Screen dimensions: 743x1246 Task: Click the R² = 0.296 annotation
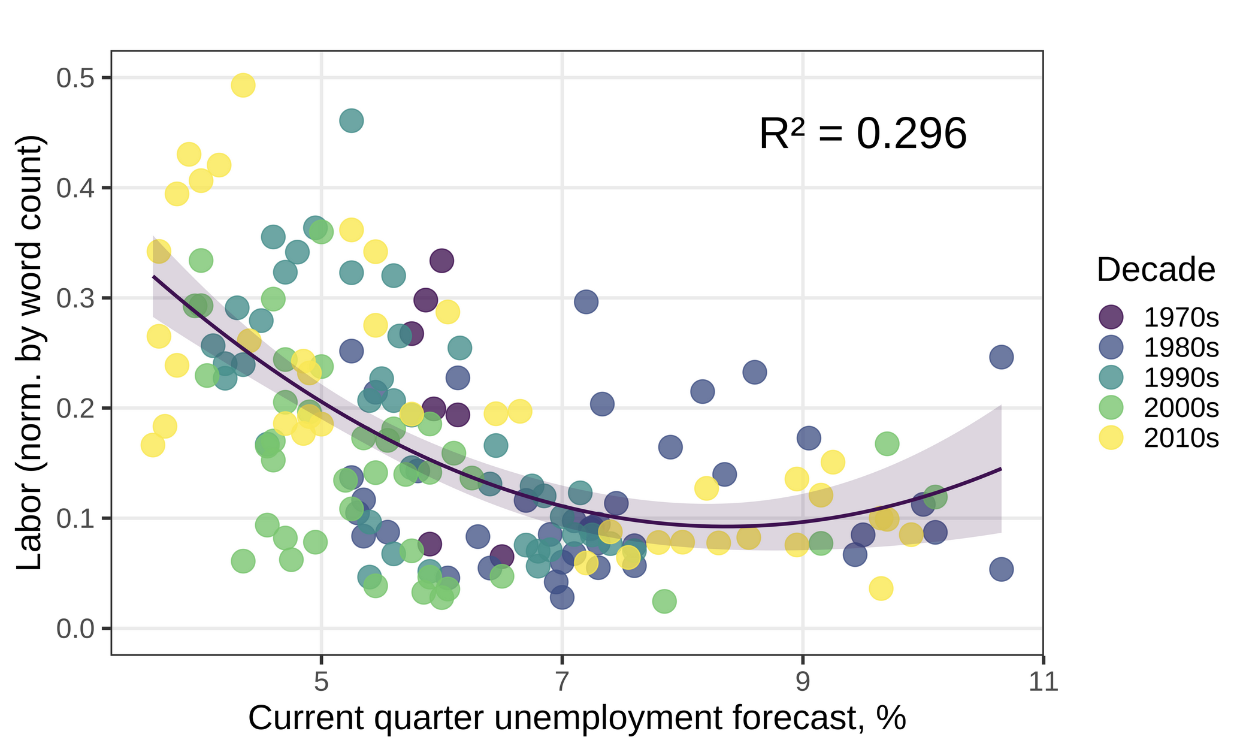(863, 134)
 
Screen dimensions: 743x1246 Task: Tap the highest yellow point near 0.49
(243, 85)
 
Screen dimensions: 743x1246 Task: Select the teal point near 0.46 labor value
(352, 120)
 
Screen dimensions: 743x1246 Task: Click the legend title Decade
(1156, 270)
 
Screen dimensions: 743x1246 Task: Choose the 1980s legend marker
(1111, 346)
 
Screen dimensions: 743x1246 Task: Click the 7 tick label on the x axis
(562, 682)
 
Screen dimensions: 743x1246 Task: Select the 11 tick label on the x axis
(1044, 682)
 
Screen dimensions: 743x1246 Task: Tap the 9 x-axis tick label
(803, 682)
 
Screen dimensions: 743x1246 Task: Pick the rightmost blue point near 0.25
(1001, 357)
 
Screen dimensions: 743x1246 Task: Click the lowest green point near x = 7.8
(664, 601)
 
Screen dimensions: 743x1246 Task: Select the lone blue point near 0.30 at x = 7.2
(586, 301)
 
